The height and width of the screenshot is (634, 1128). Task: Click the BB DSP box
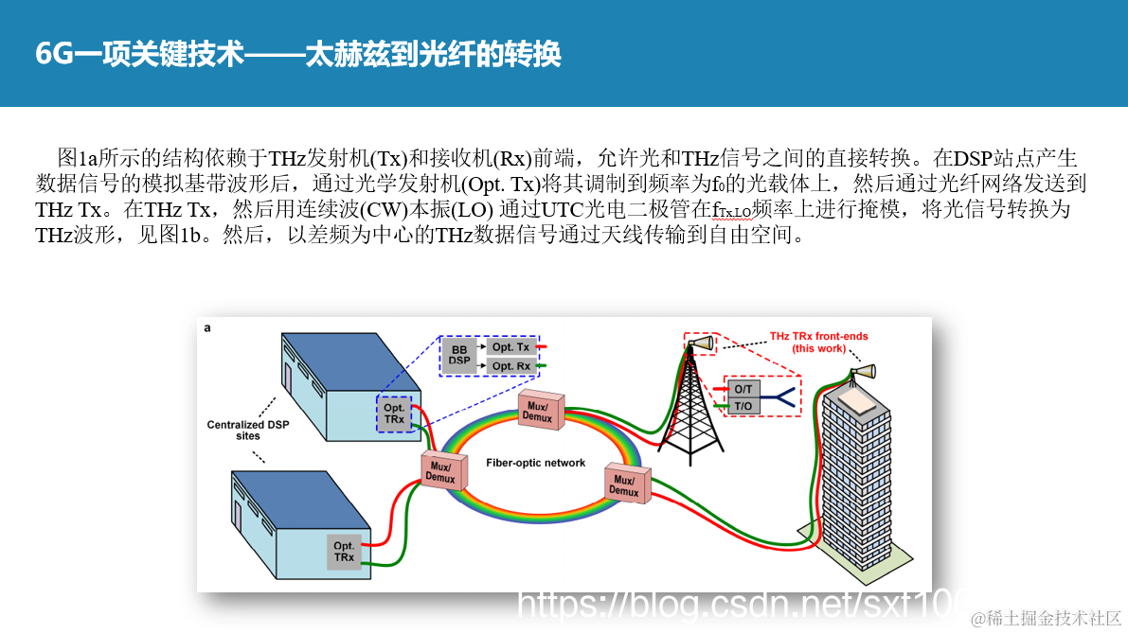click(x=458, y=355)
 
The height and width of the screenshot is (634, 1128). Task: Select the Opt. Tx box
click(x=510, y=347)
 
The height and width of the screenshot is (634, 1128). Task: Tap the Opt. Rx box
click(x=510, y=365)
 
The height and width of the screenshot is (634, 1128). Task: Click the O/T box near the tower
click(x=743, y=389)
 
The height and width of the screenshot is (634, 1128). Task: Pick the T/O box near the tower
click(x=743, y=406)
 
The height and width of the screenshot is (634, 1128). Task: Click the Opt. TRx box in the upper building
click(x=394, y=414)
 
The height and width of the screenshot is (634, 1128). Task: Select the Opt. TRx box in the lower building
click(x=344, y=552)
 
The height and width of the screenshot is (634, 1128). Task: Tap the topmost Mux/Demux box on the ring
click(x=538, y=411)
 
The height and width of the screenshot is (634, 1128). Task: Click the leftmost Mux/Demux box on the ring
click(x=441, y=471)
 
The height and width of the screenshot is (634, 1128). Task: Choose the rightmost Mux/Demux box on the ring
click(x=623, y=485)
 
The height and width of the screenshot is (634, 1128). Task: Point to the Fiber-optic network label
click(x=535, y=463)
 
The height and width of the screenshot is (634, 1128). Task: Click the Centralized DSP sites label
click(x=248, y=431)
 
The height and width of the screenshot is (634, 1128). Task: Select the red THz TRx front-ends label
click(x=818, y=343)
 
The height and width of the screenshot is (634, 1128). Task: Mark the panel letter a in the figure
click(x=207, y=327)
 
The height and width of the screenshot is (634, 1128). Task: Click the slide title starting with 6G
click(x=298, y=54)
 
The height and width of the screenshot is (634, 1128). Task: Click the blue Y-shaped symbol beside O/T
click(x=778, y=396)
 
